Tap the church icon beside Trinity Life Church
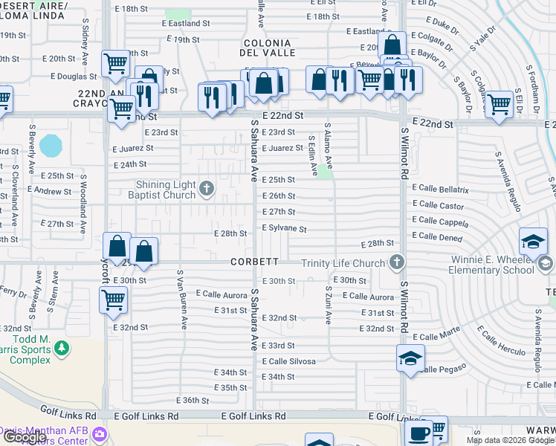[398, 262]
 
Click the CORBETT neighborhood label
[254, 262]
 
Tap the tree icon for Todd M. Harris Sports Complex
[62, 347]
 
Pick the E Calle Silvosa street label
[288, 361]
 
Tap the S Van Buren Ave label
[180, 298]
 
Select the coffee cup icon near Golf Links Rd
[418, 432]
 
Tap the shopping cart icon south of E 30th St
[113, 300]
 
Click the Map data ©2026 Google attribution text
[510, 440]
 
